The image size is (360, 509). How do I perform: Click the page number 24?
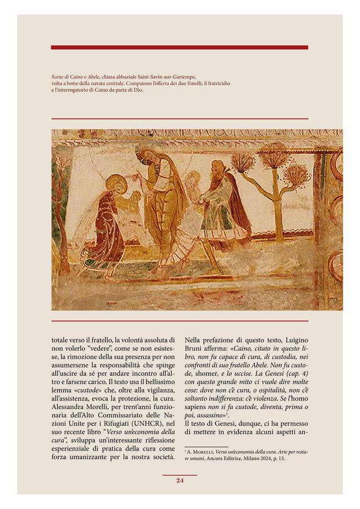(180, 480)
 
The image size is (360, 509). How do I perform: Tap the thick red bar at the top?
(179, 47)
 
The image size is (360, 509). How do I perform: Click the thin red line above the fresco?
(179, 119)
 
